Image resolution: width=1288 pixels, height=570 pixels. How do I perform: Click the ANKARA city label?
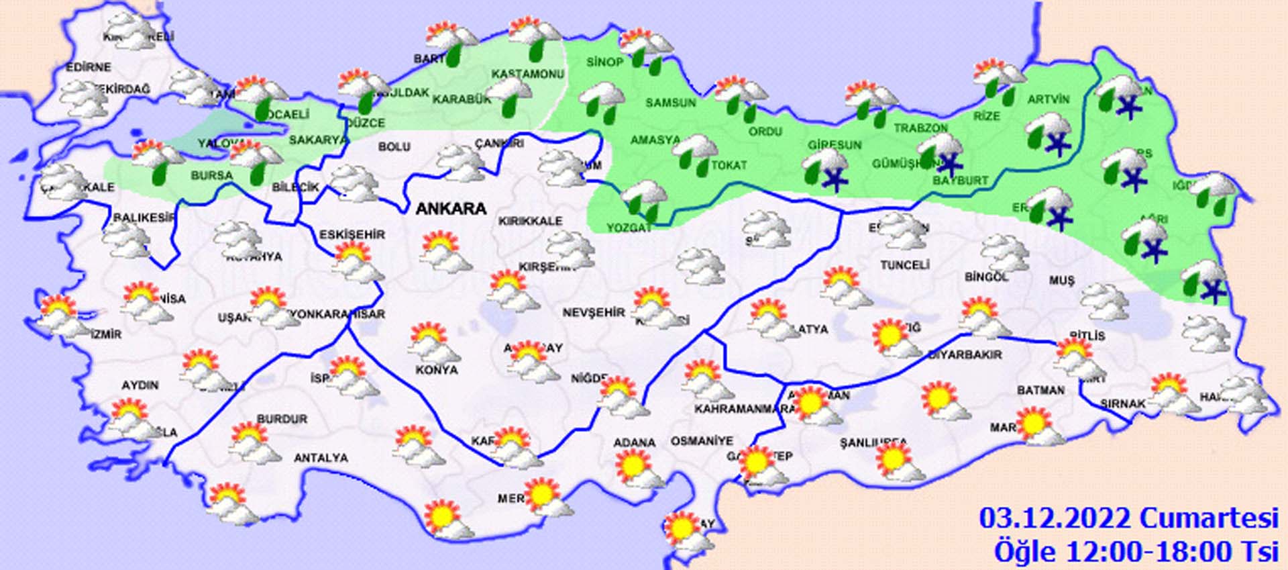(451, 209)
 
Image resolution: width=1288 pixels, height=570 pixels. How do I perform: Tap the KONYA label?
(437, 370)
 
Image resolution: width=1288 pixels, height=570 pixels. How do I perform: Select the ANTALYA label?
(321, 458)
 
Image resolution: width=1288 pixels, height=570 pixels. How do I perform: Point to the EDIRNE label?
(88, 67)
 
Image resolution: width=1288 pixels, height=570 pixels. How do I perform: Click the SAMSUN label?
(670, 103)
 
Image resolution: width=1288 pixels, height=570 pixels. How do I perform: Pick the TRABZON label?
(920, 128)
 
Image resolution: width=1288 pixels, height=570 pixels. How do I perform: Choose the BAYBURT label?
(961, 181)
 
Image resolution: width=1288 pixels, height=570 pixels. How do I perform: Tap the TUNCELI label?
(904, 265)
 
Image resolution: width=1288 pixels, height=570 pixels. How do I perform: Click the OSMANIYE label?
(702, 441)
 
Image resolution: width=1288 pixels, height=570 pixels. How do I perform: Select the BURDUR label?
(282, 419)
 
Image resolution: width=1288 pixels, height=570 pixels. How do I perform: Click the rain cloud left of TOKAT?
(694, 154)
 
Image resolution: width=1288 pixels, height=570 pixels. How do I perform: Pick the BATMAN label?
(1040, 390)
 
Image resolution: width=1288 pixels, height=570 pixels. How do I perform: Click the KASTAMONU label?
(527, 74)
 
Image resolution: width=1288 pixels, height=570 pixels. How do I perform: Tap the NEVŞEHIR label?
(593, 313)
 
